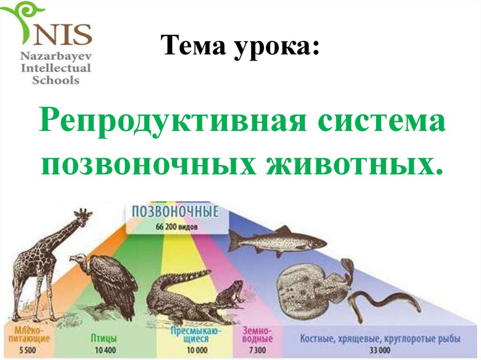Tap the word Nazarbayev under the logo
click(55, 57)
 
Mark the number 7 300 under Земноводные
click(257, 349)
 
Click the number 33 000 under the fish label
click(380, 350)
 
